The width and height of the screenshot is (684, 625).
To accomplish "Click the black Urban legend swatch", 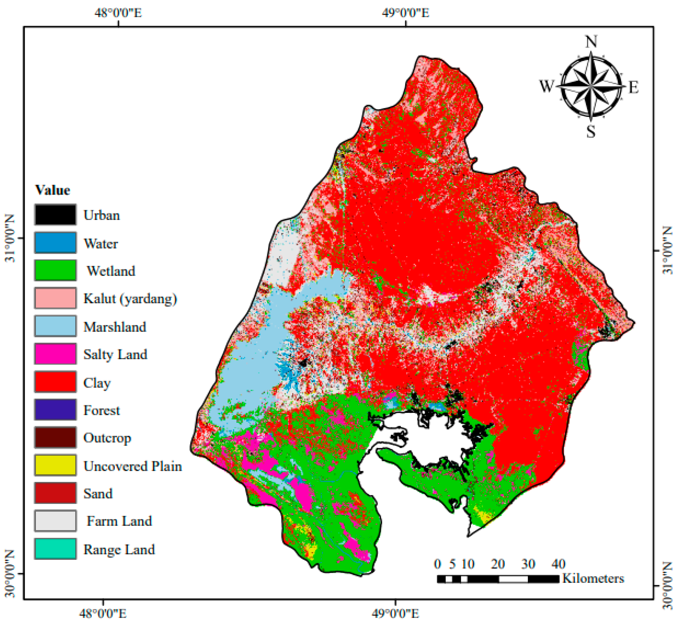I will pos(55,214).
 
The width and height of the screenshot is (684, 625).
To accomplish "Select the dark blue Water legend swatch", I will pos(55,243).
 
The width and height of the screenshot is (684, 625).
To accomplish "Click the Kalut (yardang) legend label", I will pos(130,299).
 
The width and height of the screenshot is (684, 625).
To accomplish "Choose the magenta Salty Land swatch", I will pos(55,354).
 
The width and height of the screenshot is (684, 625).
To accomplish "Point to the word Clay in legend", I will pos(97,382).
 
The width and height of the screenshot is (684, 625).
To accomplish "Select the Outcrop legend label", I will pos(107,438).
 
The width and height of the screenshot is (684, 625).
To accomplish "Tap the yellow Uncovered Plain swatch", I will pos(55,465).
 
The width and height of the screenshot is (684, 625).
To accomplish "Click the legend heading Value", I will pos(53,190).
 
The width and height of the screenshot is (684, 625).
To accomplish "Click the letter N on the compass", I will pos(591,42).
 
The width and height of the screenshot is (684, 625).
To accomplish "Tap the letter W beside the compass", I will pos(546,86).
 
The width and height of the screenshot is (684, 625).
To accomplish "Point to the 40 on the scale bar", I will pos(558,564).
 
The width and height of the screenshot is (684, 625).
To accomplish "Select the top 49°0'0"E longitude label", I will pos(406,13).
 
